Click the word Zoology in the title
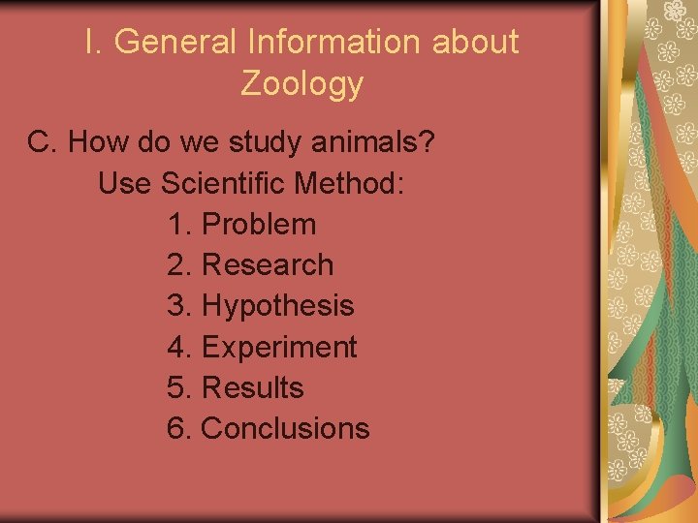(301, 84)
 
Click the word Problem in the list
(258, 224)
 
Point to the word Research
(267, 264)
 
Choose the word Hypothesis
(277, 306)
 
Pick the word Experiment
(278, 347)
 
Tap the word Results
(252, 387)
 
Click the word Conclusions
(285, 428)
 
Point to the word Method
(352, 183)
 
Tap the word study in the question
(268, 142)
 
